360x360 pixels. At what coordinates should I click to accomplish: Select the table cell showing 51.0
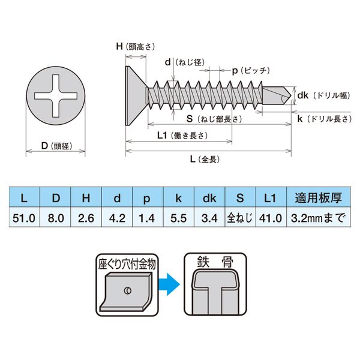(24, 218)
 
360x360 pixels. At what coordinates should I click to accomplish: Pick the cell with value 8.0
(56, 218)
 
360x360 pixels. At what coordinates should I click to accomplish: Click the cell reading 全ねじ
(239, 218)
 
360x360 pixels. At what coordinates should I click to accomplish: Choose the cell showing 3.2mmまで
(317, 218)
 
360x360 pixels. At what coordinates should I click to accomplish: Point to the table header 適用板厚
(317, 197)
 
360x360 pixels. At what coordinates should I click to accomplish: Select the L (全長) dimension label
(202, 160)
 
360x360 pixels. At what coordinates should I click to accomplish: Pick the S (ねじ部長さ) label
(214, 119)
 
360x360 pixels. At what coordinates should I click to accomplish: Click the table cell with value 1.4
(147, 218)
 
